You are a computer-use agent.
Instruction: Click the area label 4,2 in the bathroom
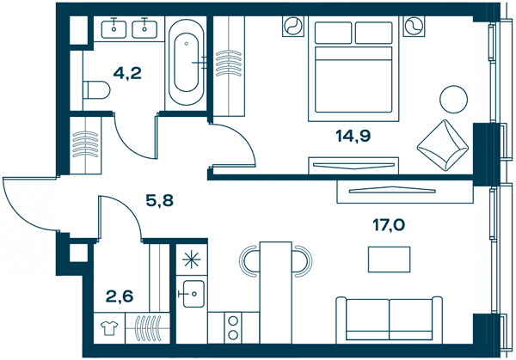coord(127,73)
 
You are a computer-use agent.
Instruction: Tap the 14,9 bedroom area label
coord(353,135)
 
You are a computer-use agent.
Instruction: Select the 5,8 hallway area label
coord(160,200)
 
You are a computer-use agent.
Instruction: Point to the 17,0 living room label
coord(389,225)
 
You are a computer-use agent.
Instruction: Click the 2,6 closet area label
coord(120,296)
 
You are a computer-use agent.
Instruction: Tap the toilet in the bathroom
coord(96,90)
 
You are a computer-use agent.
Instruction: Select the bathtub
coord(187,63)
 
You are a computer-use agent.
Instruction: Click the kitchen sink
coord(193,294)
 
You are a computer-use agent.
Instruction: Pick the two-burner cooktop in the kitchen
coord(233,328)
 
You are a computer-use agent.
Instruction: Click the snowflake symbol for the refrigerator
coord(192,259)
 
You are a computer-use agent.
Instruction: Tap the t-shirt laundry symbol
coord(109,328)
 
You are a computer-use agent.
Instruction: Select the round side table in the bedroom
coord(454,100)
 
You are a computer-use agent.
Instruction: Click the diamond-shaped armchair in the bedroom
coord(443,145)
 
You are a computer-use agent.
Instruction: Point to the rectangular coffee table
coord(389,259)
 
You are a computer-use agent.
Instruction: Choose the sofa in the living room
coord(390,320)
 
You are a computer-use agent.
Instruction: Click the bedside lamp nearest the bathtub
coord(293,26)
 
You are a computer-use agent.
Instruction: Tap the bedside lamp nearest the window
coord(414,26)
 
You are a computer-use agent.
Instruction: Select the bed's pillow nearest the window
coord(374,33)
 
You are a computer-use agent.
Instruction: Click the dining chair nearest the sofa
coord(303,261)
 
